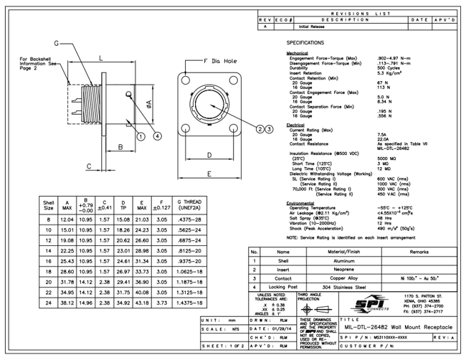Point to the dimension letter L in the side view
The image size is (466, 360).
tap(100, 57)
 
